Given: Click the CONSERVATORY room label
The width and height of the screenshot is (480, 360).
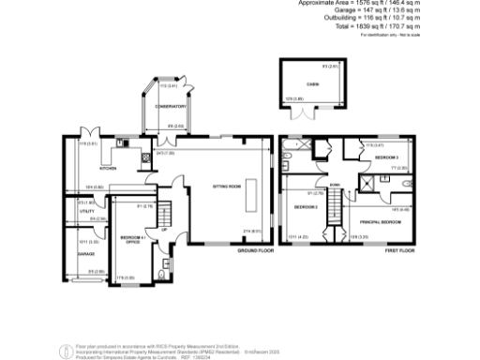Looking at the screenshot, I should pyautogui.click(x=169, y=107).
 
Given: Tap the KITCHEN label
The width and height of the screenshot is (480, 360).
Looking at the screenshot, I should pyautogui.click(x=108, y=169).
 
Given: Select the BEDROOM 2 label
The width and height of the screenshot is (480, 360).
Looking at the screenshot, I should pyautogui.click(x=306, y=206).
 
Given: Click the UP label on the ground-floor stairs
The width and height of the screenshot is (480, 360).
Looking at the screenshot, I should pyautogui.click(x=164, y=230).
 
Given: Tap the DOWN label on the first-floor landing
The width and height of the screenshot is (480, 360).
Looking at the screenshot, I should pyautogui.click(x=321, y=186).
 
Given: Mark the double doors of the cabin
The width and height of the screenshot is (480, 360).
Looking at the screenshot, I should pyautogui.click(x=303, y=115).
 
